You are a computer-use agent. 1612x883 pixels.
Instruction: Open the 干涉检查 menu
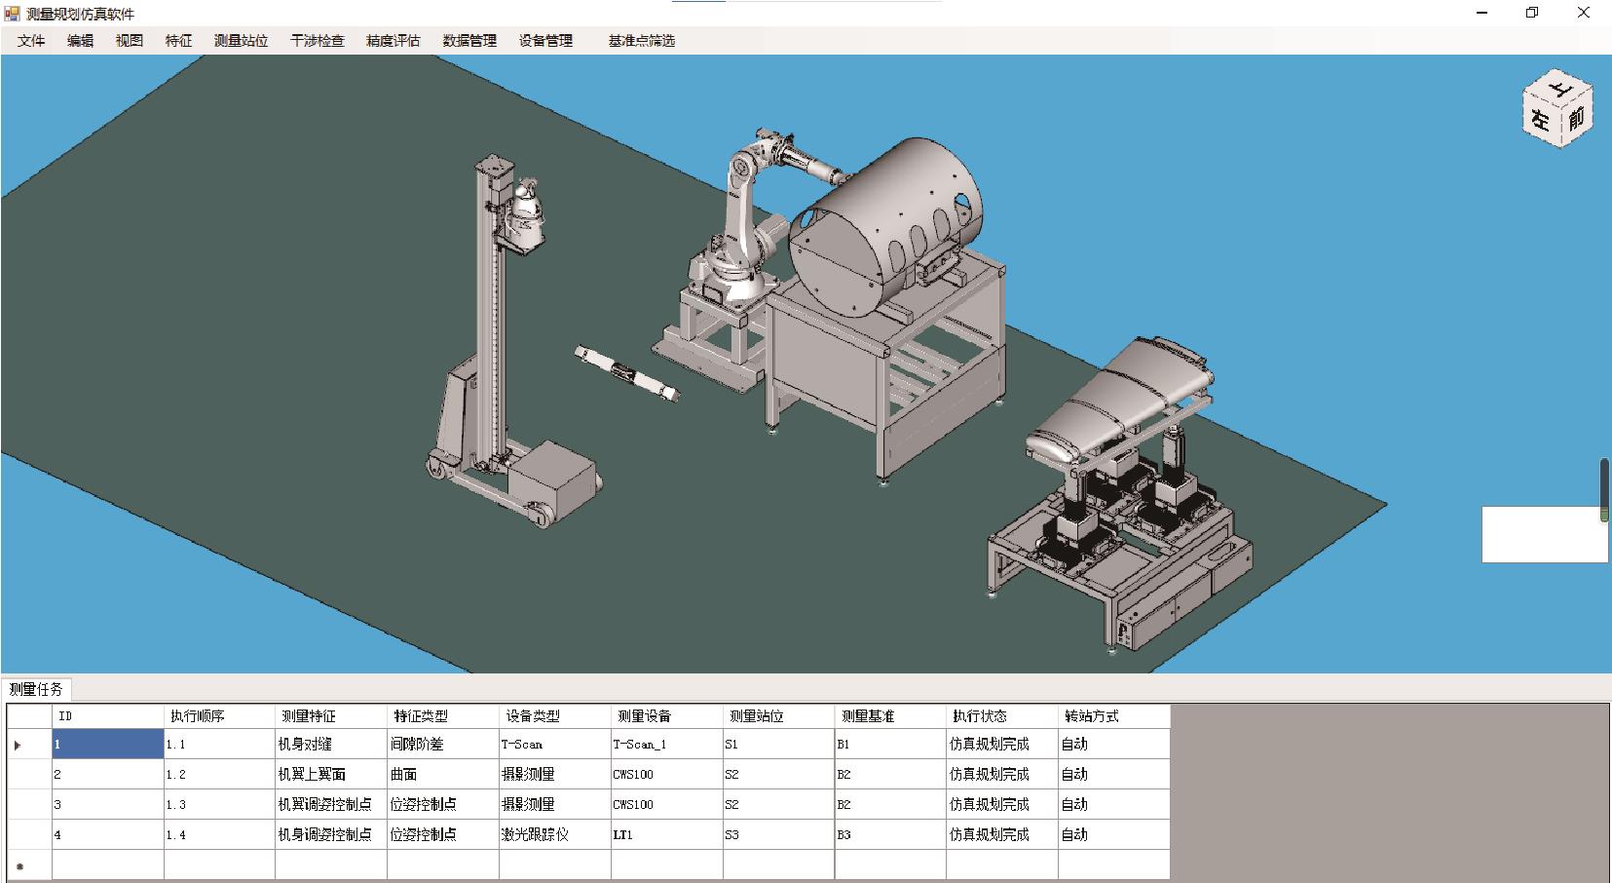318,41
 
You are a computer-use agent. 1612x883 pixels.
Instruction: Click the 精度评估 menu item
393,41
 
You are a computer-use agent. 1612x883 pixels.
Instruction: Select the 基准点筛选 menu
641,41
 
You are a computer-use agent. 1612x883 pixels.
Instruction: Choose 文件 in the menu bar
31,41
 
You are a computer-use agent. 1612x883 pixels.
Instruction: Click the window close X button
1583,13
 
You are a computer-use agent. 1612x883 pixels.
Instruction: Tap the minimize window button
1481,13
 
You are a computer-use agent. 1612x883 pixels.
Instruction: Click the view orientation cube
1557,108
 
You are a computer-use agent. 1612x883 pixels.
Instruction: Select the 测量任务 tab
36,689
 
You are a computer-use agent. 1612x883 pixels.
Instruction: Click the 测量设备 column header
644,716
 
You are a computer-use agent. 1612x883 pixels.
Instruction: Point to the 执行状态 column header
980,716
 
